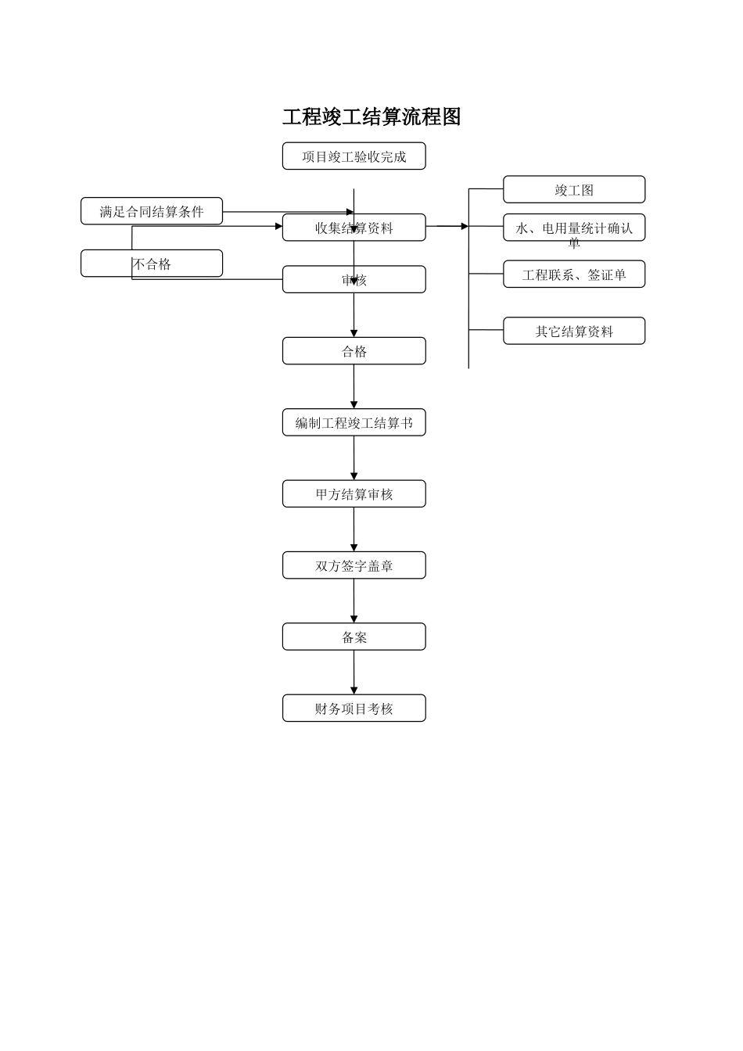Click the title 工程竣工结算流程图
(x=371, y=117)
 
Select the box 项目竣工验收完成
(x=354, y=156)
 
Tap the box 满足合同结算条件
(x=152, y=211)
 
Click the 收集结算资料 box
(x=354, y=228)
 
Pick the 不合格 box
(x=152, y=264)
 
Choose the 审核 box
(x=354, y=279)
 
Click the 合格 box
(x=354, y=351)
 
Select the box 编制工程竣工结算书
(x=354, y=422)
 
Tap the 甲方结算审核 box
(x=354, y=493)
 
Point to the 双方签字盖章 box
(x=354, y=565)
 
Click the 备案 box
(x=354, y=637)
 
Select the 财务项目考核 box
(x=354, y=708)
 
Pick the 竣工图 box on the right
(x=574, y=189)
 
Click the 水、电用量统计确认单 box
(x=574, y=228)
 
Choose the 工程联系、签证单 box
(x=574, y=274)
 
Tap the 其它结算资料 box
(x=574, y=331)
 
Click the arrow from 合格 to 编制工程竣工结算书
(x=354, y=386)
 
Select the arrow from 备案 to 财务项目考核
(x=354, y=673)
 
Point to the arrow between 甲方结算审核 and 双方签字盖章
(x=354, y=529)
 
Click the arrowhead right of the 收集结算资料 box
(x=464, y=226)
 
